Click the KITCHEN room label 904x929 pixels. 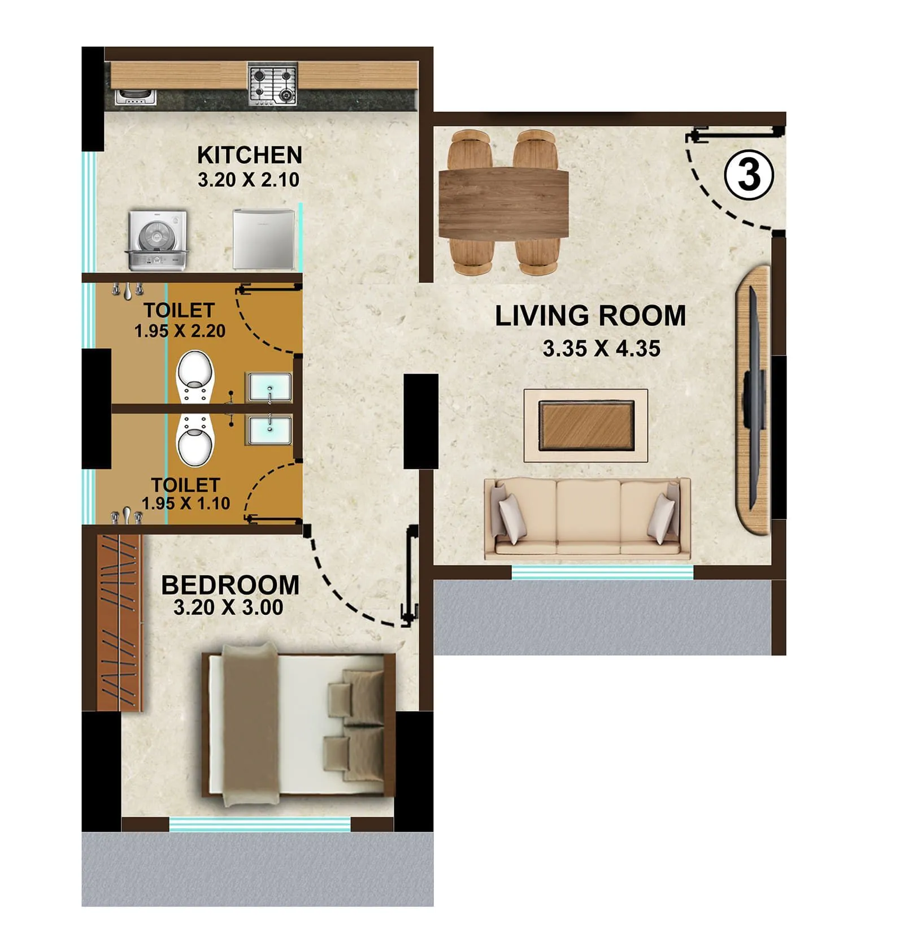(x=249, y=155)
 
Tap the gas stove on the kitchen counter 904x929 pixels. (x=273, y=85)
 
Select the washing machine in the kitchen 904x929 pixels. (x=157, y=240)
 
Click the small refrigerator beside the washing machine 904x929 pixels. (x=264, y=239)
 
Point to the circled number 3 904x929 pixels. (x=749, y=175)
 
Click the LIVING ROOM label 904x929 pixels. (x=590, y=315)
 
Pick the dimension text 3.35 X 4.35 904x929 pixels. (x=601, y=349)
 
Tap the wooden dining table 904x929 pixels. (x=503, y=203)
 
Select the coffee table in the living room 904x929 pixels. (x=586, y=425)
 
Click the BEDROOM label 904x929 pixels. (x=230, y=585)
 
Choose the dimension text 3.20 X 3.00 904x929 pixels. (x=228, y=607)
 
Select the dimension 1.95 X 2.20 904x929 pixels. (x=180, y=331)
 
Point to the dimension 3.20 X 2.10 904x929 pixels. (x=249, y=180)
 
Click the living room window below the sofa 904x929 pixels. (x=602, y=572)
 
